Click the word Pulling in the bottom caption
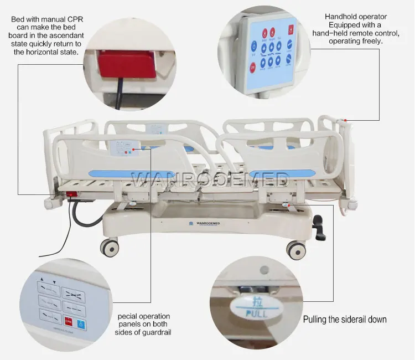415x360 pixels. pos(317,320)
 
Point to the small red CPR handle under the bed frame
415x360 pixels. pos(72,194)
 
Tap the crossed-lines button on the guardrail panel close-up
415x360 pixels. pos(72,291)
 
